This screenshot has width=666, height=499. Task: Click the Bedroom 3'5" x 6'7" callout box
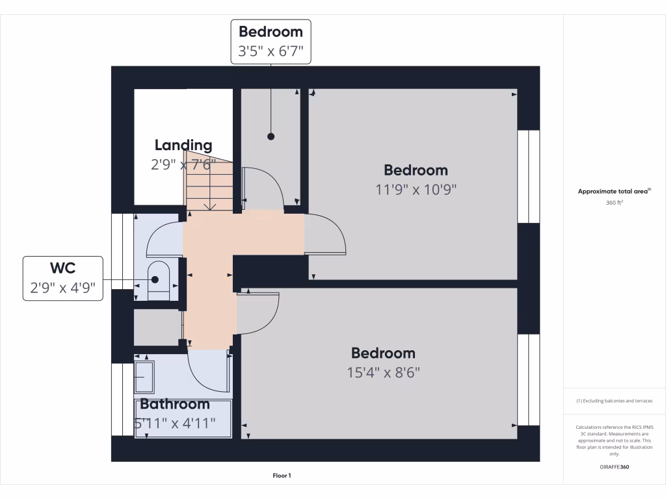coord(271,42)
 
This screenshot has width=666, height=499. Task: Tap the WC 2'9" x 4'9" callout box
coord(63,278)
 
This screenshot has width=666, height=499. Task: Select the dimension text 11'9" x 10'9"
coord(416,190)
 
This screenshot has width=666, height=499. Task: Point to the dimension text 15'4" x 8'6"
coord(383,373)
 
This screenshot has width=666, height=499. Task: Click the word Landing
coord(183,145)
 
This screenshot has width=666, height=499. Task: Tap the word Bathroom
coord(174,404)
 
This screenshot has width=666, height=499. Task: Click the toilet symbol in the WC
coord(158,281)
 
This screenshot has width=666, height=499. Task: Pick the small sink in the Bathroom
coord(144,377)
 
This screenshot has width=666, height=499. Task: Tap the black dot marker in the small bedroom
coord(271,136)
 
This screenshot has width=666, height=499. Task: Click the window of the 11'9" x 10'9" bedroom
coord(529,176)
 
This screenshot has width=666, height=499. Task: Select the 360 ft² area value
coord(615,203)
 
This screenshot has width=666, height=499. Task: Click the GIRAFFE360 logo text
coord(615,467)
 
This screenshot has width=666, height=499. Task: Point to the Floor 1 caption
coord(282,476)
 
